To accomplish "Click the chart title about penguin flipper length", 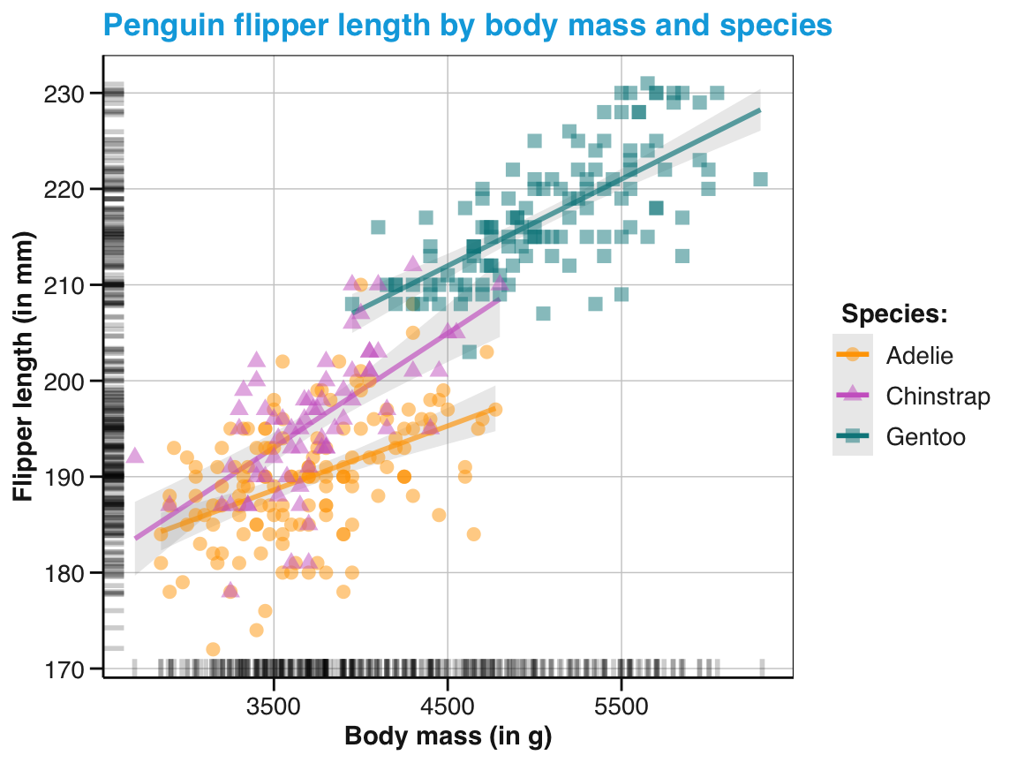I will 467,26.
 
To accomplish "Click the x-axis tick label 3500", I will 274,707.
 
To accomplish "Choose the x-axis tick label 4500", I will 448,707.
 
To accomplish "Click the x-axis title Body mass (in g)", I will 448,737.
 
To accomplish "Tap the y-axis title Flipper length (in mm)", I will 23,367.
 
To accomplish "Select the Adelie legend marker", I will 853,355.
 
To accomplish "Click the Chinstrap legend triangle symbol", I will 853,396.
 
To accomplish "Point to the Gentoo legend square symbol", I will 853,436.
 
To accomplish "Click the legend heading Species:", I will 894,314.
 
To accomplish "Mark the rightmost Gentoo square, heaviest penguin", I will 760,179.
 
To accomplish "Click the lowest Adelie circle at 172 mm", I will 213,649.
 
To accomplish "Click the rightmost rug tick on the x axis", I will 762,667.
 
